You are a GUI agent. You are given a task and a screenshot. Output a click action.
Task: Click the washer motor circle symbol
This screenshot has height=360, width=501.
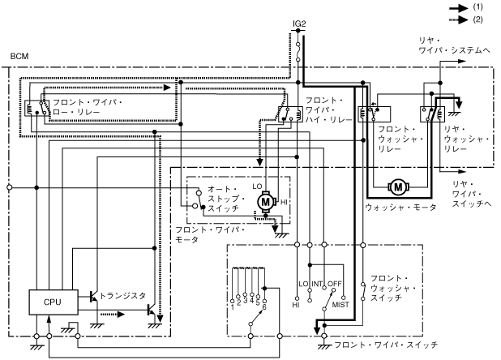[x=398, y=187]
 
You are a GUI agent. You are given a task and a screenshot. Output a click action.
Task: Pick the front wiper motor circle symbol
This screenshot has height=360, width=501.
[x=264, y=200]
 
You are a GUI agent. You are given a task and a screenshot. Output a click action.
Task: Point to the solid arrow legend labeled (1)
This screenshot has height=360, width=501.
[x=477, y=6]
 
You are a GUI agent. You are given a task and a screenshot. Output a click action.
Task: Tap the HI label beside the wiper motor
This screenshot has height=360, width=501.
[x=285, y=200]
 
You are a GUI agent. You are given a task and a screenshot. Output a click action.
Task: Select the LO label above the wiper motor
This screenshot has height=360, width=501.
[x=258, y=185]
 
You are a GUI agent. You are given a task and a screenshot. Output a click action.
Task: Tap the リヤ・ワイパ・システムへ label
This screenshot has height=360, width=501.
[x=453, y=45]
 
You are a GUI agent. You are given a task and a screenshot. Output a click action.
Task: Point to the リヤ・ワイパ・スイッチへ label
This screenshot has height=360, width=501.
[x=467, y=190]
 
